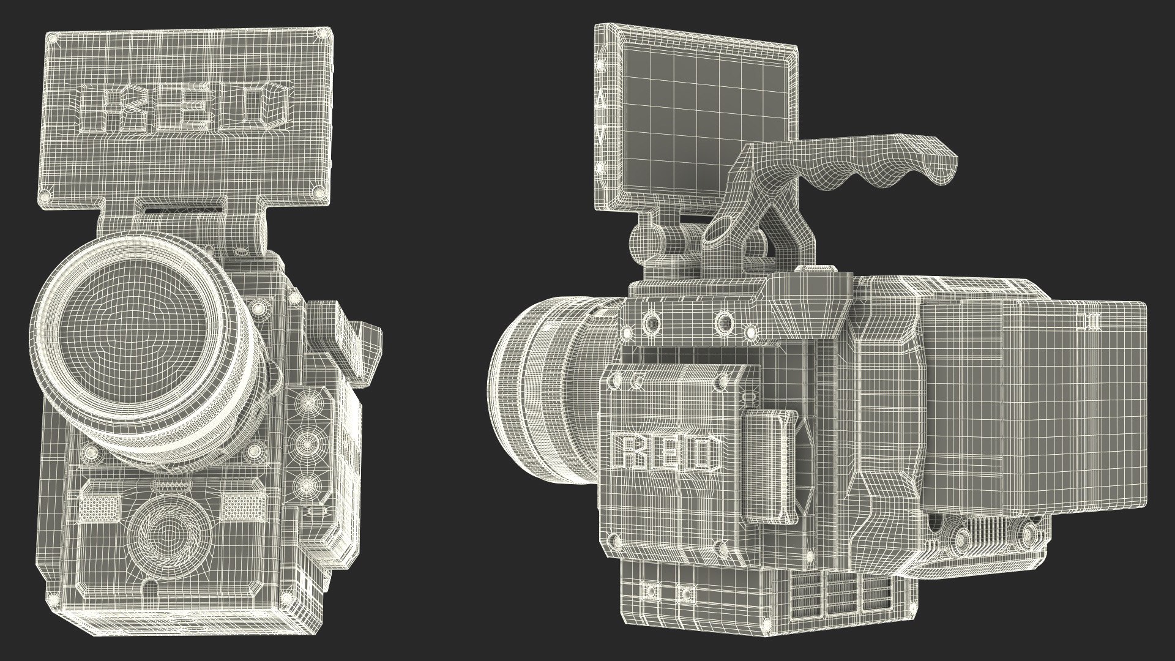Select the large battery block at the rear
point(1034,404)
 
